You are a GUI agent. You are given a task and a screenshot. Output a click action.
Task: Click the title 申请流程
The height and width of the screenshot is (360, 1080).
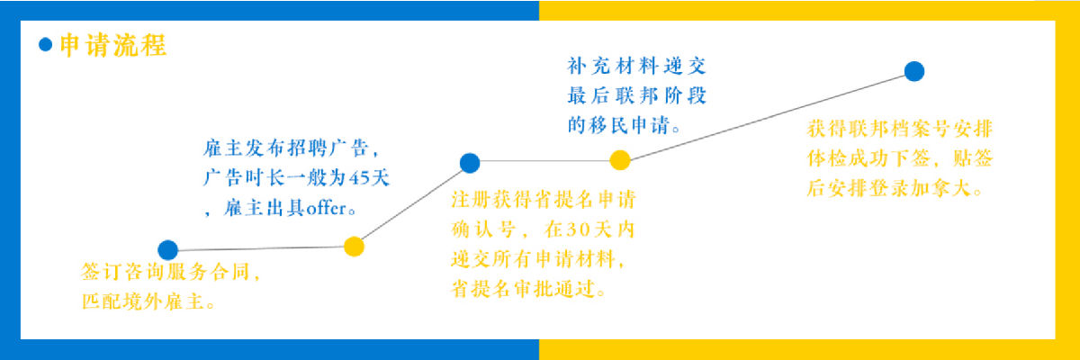(x=113, y=46)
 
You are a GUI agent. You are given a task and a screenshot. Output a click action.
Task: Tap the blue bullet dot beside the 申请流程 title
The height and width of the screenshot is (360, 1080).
(x=45, y=45)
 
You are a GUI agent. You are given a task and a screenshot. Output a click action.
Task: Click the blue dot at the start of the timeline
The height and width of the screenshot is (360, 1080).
(x=167, y=250)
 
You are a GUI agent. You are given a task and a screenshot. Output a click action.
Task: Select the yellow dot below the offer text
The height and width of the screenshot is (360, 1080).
(x=354, y=247)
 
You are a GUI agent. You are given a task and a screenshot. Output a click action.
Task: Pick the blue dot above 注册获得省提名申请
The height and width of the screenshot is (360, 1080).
(x=470, y=163)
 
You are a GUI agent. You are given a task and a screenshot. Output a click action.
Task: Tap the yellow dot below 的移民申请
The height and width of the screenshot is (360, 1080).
(x=620, y=160)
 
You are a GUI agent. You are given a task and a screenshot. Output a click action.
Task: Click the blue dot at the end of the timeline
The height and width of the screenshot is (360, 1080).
(x=914, y=71)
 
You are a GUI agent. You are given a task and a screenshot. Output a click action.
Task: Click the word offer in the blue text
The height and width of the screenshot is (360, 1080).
(x=327, y=209)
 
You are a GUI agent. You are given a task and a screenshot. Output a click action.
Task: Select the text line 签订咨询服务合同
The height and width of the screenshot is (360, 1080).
(x=166, y=273)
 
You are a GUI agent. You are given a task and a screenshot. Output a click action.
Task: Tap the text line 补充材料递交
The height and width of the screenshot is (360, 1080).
(x=637, y=66)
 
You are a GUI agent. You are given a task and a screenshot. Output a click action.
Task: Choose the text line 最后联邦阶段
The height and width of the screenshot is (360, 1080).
(x=637, y=95)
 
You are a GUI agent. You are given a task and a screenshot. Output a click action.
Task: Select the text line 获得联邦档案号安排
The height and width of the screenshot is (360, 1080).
(x=900, y=129)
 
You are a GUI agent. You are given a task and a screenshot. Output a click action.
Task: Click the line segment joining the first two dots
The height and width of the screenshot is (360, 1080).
(x=261, y=248)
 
